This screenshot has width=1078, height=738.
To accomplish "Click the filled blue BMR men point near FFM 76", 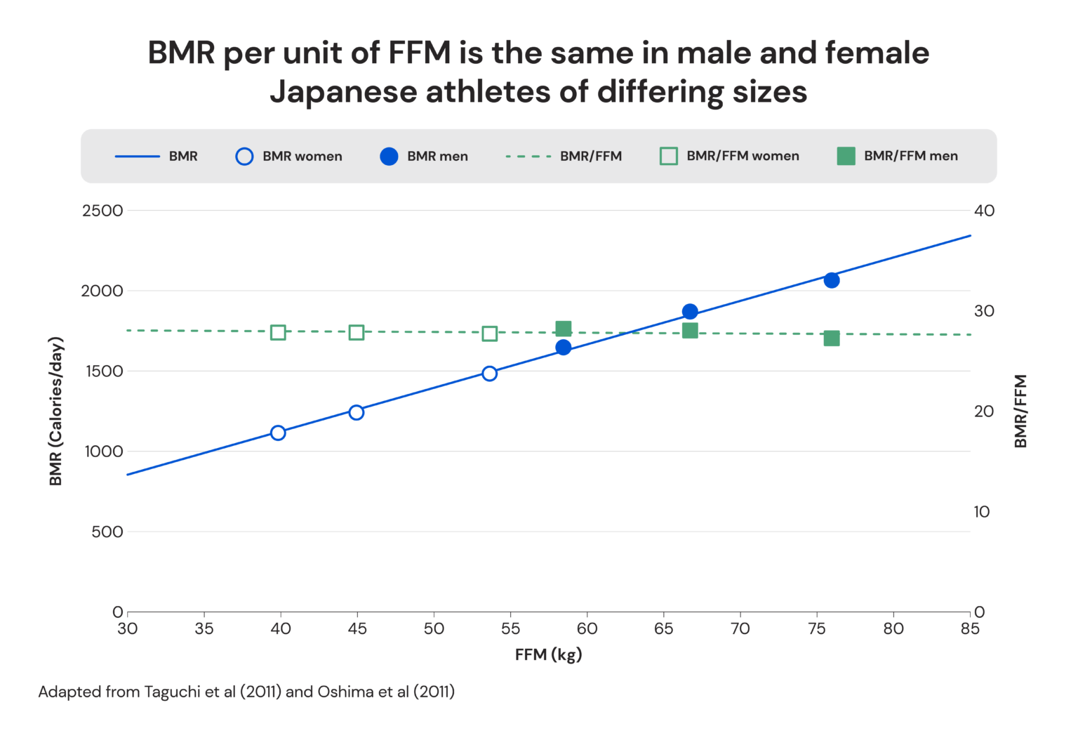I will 832,280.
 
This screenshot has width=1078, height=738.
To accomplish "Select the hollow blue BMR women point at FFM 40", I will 278,433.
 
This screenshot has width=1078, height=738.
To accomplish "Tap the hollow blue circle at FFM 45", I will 357,412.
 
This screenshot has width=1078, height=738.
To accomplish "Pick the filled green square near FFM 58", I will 563,329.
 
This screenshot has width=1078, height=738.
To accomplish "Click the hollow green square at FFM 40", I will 278,332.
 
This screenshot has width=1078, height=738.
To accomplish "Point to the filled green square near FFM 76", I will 832,338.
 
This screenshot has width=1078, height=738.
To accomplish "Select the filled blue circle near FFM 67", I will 690,311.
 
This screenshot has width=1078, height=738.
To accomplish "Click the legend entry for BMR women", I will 289,156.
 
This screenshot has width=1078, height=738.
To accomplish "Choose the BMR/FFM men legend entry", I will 898,156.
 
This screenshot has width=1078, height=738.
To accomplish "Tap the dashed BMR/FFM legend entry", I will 564,156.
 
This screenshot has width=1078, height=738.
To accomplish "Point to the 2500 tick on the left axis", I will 102,211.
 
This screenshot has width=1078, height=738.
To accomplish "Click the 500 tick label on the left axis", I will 107,532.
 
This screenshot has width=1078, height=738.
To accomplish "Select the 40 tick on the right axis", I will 984,211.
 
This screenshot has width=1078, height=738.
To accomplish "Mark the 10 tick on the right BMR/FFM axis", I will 981,512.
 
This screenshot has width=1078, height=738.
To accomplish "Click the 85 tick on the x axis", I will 970,629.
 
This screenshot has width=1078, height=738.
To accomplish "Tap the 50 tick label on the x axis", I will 434,629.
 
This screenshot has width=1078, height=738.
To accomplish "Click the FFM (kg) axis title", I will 548,655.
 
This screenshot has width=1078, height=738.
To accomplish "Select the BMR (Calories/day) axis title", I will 56,411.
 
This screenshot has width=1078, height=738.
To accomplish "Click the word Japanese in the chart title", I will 342,92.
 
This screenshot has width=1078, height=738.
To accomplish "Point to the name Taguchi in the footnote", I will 172,692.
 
